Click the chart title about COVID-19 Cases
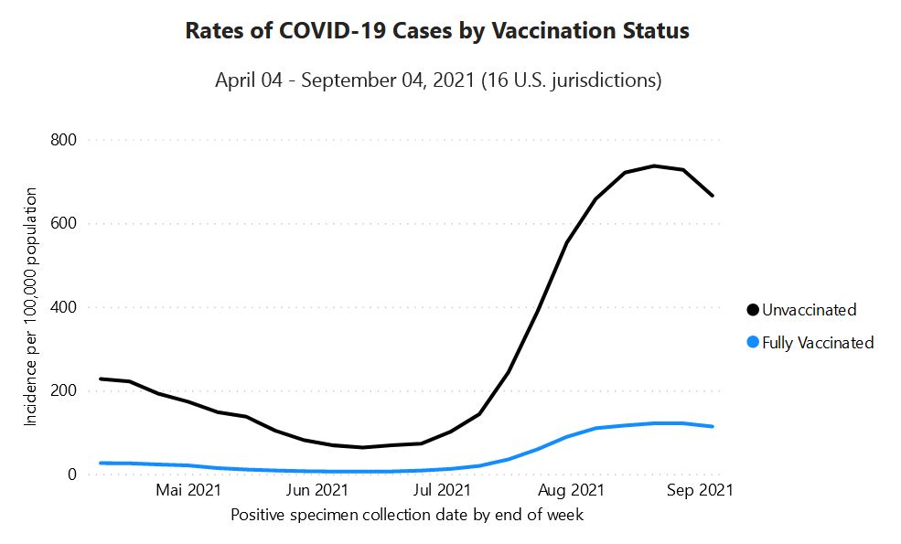[437, 31]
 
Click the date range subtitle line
[438, 80]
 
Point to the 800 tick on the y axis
[63, 140]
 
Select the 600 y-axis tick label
[63, 223]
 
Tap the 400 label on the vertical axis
[63, 307]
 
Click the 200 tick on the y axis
[63, 390]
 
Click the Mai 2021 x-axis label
[189, 491]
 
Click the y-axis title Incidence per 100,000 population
[31, 306]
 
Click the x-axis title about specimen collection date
[407, 515]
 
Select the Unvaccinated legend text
[810, 310]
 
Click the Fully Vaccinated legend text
[818, 343]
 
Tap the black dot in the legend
[753, 310]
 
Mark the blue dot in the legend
[753, 343]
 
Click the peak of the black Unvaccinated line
[654, 165]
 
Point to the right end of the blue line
[713, 426]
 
